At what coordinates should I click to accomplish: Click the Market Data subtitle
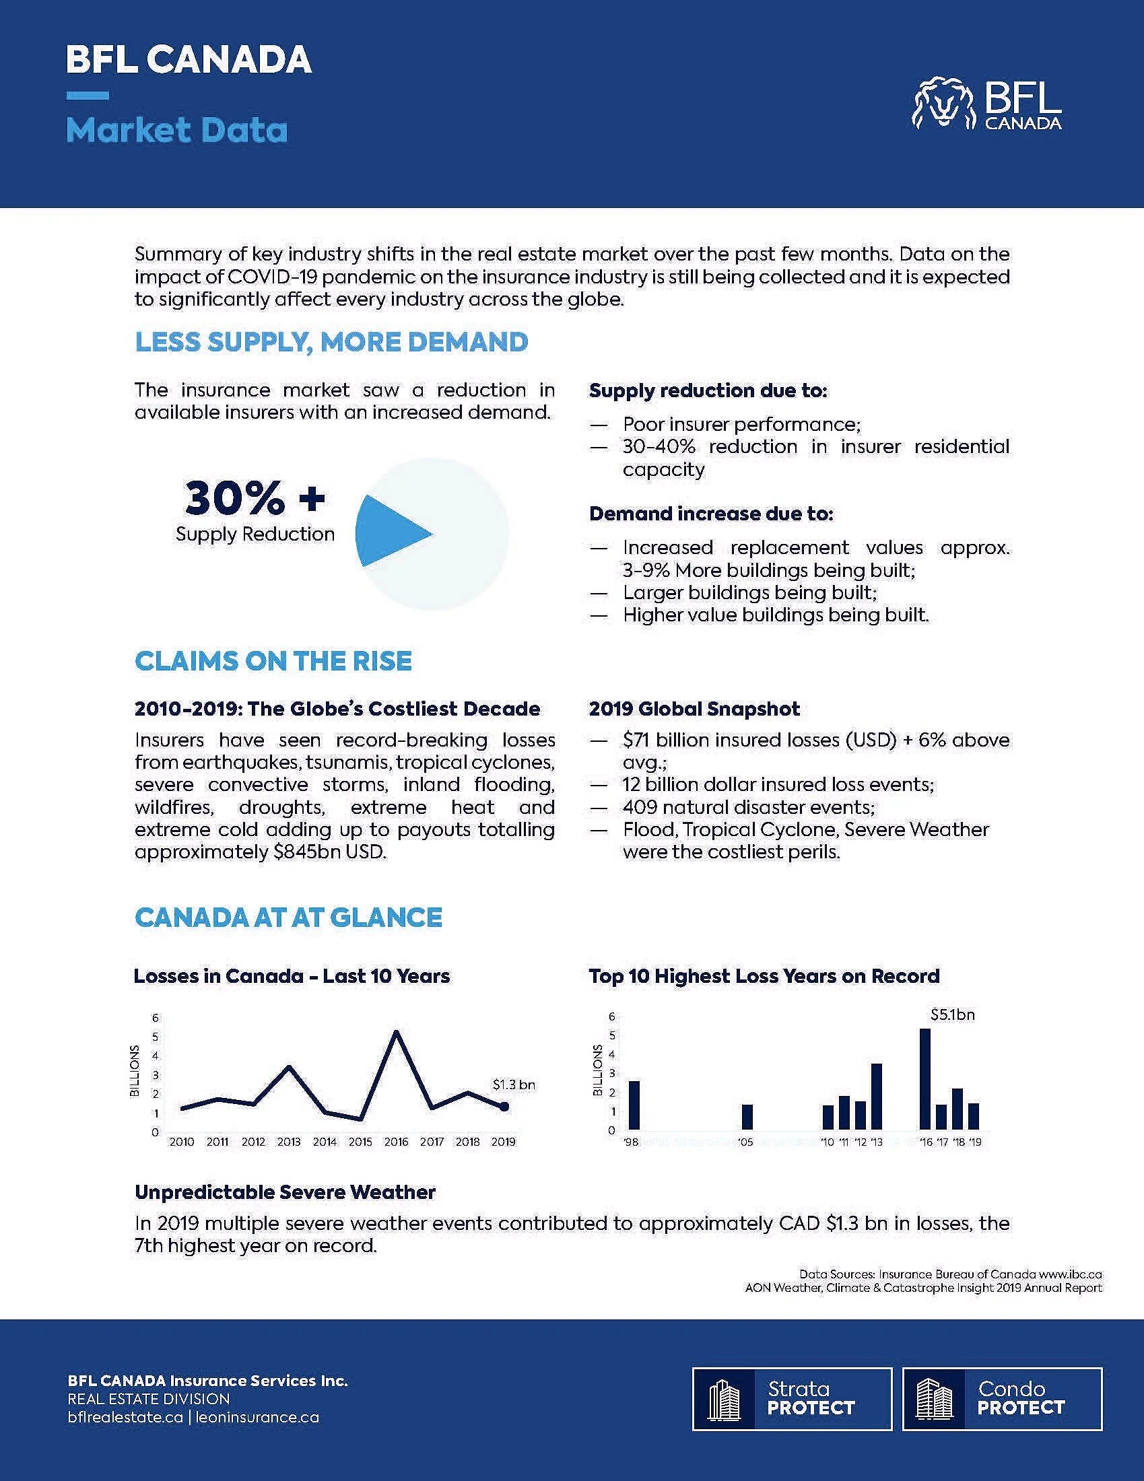(x=177, y=130)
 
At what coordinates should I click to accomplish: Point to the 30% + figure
(x=255, y=497)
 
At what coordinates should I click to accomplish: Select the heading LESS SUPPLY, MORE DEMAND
(x=331, y=343)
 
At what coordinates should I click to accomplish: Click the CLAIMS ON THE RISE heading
(x=273, y=661)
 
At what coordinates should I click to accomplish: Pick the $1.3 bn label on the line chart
(x=513, y=1085)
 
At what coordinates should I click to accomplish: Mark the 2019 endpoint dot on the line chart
(x=504, y=1106)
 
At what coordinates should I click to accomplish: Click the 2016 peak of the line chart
(x=396, y=1032)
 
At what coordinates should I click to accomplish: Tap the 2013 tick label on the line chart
(x=289, y=1142)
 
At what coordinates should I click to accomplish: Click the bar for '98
(x=634, y=1105)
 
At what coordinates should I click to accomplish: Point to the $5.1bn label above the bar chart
(x=952, y=1015)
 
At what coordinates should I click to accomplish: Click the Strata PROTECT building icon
(x=723, y=1399)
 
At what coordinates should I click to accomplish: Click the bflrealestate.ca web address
(x=125, y=1417)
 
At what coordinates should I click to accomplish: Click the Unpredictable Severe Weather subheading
(x=285, y=1192)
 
